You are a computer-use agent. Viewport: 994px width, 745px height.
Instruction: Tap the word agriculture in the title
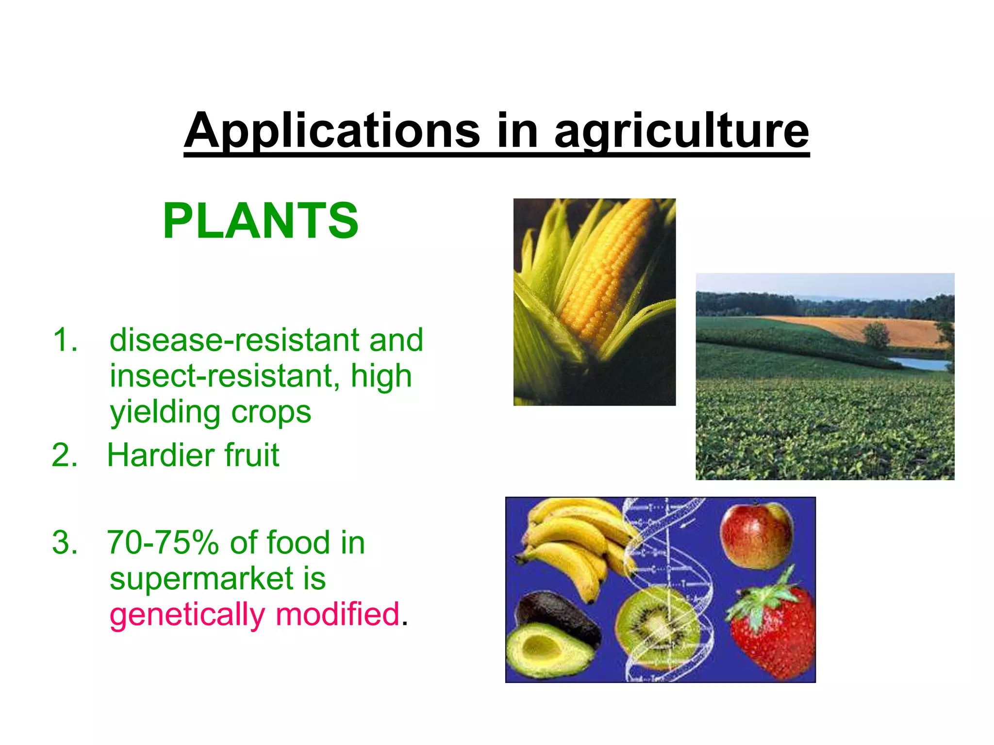tap(681, 131)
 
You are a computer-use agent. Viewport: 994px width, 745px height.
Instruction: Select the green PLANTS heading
tap(261, 221)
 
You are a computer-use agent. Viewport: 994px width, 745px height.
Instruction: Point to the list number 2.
tap(64, 455)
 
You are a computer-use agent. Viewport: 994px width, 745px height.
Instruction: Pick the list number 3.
tap(64, 542)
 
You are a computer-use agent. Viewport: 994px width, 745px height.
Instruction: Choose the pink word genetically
tap(187, 615)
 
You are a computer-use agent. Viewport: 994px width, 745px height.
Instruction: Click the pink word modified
tap(338, 615)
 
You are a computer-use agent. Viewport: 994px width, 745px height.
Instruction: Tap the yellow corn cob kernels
tap(607, 272)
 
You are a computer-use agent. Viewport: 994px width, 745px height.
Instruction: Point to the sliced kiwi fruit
tap(658, 626)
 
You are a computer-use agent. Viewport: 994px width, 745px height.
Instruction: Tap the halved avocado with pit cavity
tap(544, 650)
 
